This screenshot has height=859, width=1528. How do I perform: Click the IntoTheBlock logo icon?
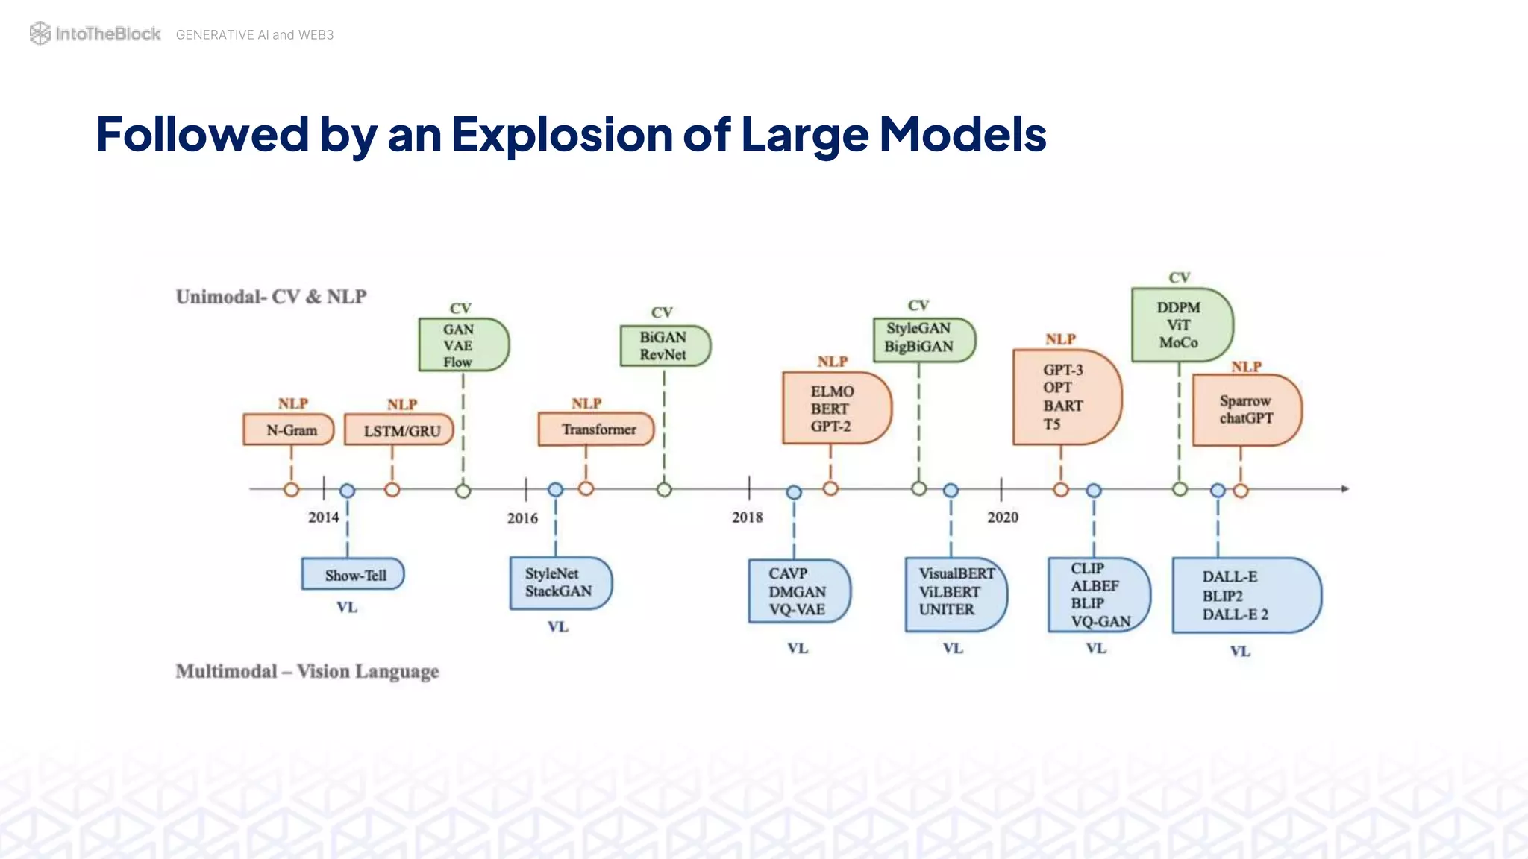pos(40,34)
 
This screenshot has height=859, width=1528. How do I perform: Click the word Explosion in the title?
pos(561,135)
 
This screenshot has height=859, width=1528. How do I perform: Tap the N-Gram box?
pos(289,430)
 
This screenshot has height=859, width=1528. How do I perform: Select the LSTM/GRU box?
pos(399,430)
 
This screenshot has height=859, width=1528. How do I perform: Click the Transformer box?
pos(596,429)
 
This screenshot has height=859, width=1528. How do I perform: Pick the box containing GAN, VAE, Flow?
pos(463,345)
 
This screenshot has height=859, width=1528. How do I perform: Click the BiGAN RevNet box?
pos(664,346)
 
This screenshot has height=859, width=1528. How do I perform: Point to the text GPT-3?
pos(1062,370)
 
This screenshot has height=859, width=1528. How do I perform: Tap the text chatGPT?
pos(1246,418)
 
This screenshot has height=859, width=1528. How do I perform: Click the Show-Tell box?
pos(353,575)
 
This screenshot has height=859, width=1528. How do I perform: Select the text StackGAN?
pos(558,591)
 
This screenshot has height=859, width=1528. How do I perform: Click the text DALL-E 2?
pos(1235,614)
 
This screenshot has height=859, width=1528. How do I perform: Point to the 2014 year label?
pos(323,517)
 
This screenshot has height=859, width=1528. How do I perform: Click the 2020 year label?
pos(1002,517)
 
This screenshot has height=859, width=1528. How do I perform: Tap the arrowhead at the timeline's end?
pos(1344,489)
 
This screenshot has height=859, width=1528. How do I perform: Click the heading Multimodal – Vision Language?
pos(307,671)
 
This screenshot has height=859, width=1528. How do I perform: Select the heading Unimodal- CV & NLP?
pos(271,297)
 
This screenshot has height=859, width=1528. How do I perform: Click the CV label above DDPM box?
pos(1179,277)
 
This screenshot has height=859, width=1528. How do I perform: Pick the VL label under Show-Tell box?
pos(347,607)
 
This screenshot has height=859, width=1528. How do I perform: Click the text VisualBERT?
pos(956,573)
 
